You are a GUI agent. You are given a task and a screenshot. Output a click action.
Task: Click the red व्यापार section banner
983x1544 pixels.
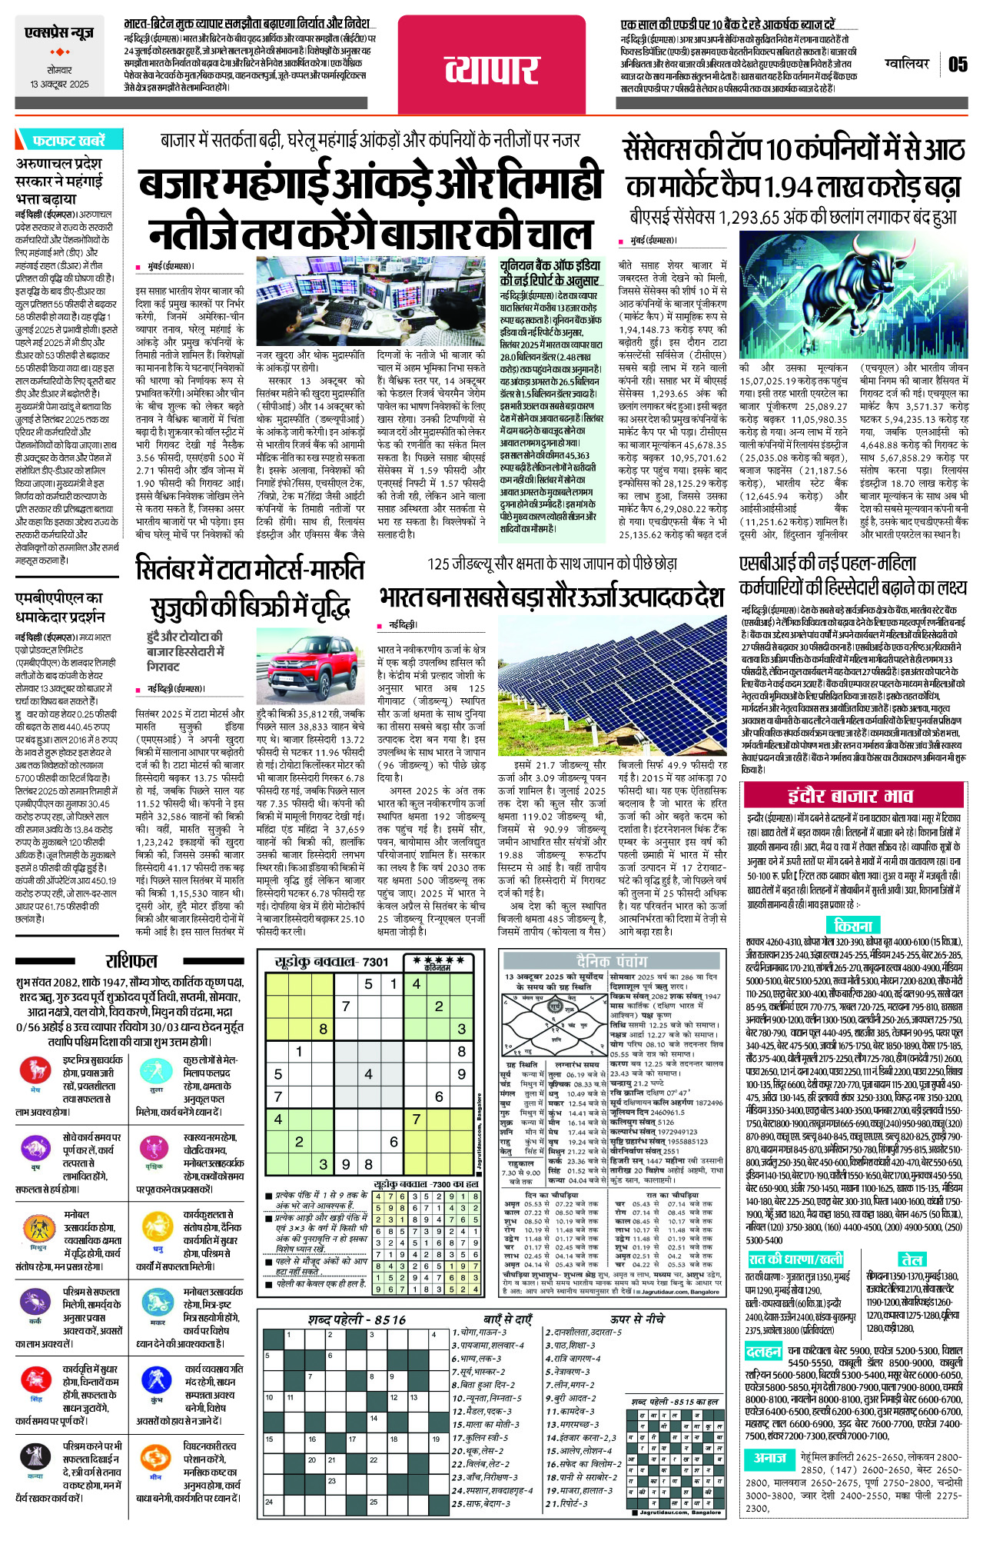coord(493,67)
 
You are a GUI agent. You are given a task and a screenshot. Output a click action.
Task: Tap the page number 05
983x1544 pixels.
coord(957,65)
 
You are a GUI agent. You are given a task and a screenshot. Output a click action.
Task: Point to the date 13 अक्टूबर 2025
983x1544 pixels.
coord(59,84)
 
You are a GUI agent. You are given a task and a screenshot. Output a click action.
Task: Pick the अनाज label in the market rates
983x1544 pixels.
coord(769,1458)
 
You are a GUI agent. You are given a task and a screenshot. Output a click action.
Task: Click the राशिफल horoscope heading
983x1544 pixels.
coord(131,960)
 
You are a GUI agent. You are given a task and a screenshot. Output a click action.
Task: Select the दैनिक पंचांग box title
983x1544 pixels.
coord(612,960)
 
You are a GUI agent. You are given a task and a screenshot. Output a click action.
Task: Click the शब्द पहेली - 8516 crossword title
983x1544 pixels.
coord(357,1319)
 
